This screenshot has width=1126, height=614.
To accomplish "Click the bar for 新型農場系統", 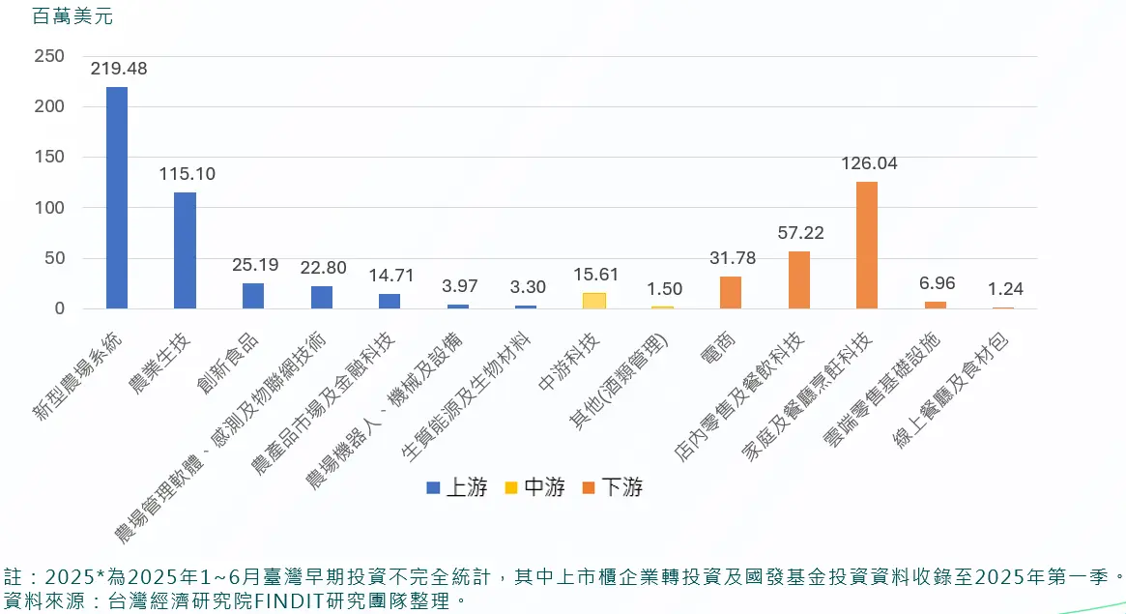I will click(116, 197).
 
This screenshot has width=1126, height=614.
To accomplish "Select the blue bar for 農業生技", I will click(185, 250).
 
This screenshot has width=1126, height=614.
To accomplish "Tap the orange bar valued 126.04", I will click(867, 245).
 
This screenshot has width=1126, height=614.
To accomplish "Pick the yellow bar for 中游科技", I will click(594, 301).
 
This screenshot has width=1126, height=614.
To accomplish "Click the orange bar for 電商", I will click(731, 292).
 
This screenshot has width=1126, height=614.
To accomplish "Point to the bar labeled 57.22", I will click(799, 279).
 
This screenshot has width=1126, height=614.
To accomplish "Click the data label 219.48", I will click(119, 69).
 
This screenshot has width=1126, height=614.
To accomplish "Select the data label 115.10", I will click(188, 174).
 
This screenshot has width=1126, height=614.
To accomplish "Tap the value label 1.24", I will click(1005, 288).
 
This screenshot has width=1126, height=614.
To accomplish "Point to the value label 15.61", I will click(595, 275).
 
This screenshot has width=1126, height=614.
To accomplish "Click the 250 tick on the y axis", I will click(49, 56).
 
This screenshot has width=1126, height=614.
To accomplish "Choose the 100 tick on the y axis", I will click(49, 208).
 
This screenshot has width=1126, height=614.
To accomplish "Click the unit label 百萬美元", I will click(66, 16).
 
